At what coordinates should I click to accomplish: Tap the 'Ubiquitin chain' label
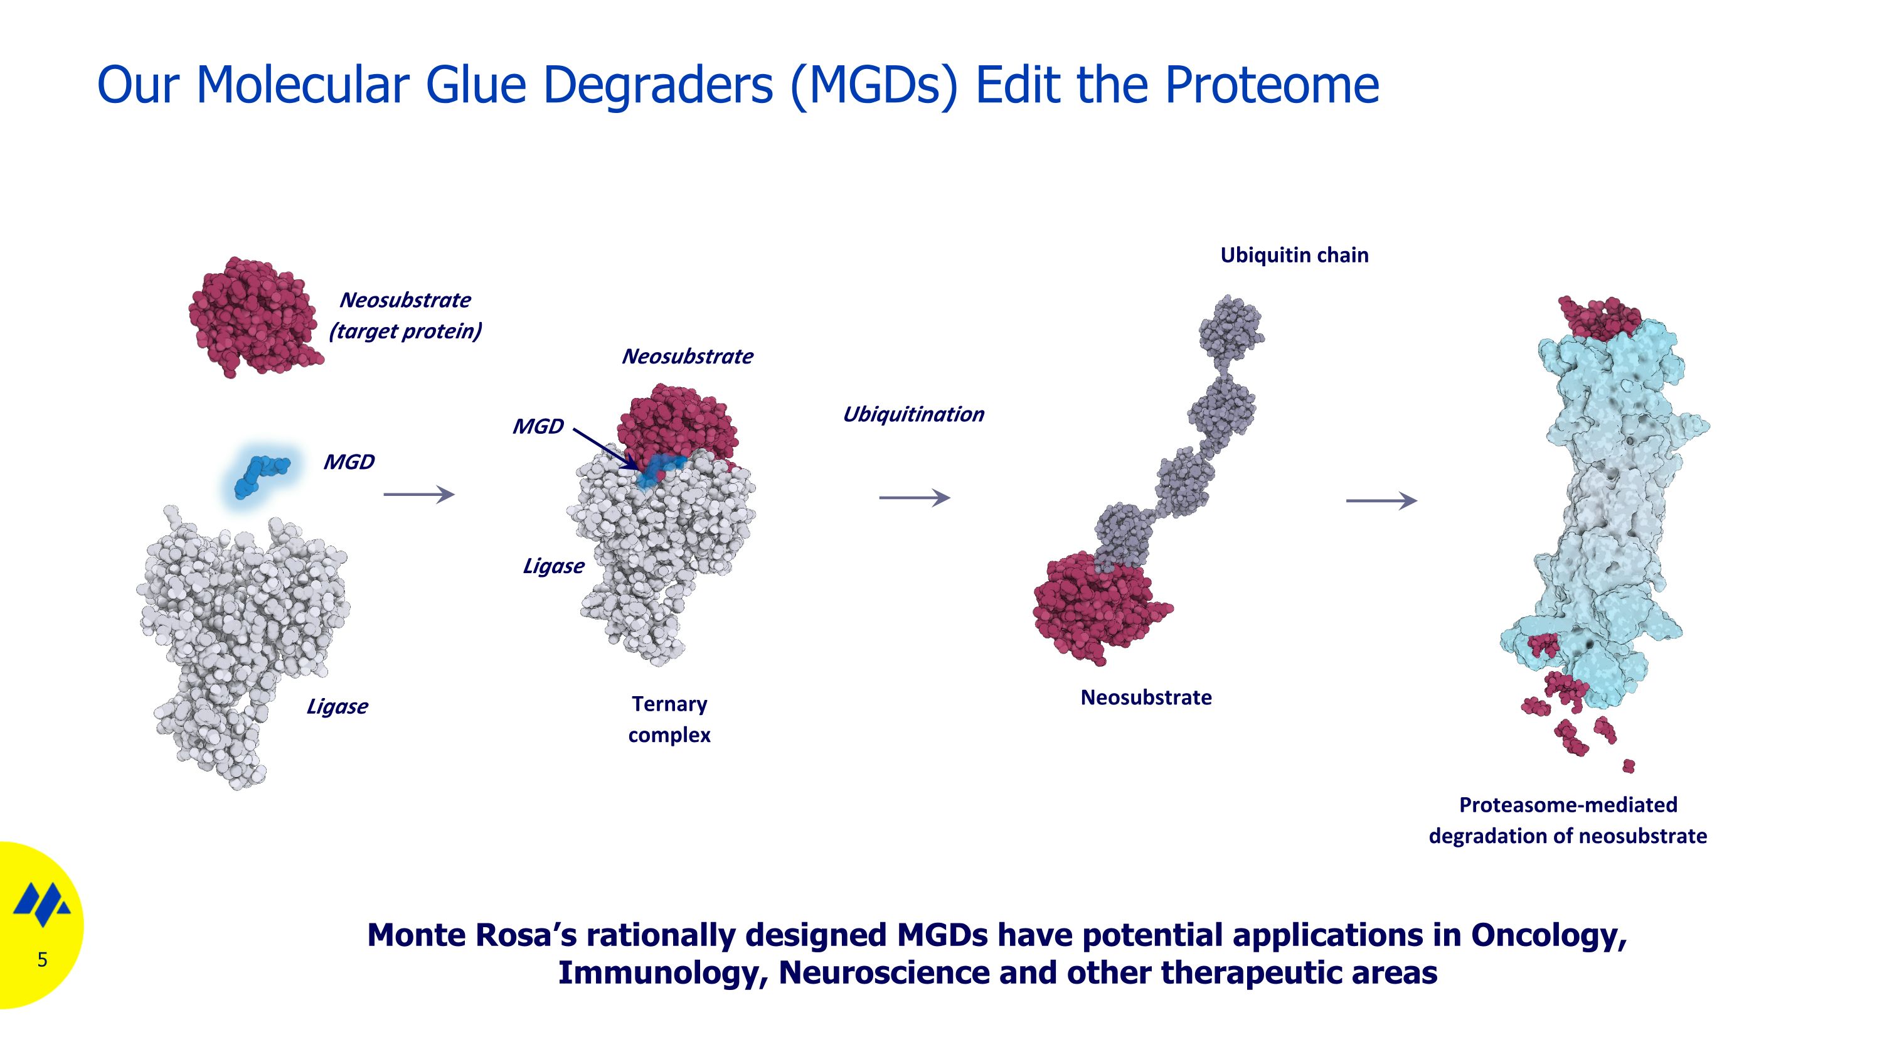(1294, 255)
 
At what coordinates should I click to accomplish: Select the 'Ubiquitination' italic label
(913, 414)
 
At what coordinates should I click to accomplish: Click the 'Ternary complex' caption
(669, 719)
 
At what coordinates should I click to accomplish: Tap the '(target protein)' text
(405, 331)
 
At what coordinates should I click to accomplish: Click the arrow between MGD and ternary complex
(418, 495)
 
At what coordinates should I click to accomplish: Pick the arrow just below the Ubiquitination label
(914, 498)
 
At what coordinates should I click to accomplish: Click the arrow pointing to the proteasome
(1381, 501)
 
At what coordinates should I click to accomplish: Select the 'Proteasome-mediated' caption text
(1568, 805)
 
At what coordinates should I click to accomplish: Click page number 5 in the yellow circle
(43, 960)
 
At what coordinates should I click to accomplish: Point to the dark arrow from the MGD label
(605, 449)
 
